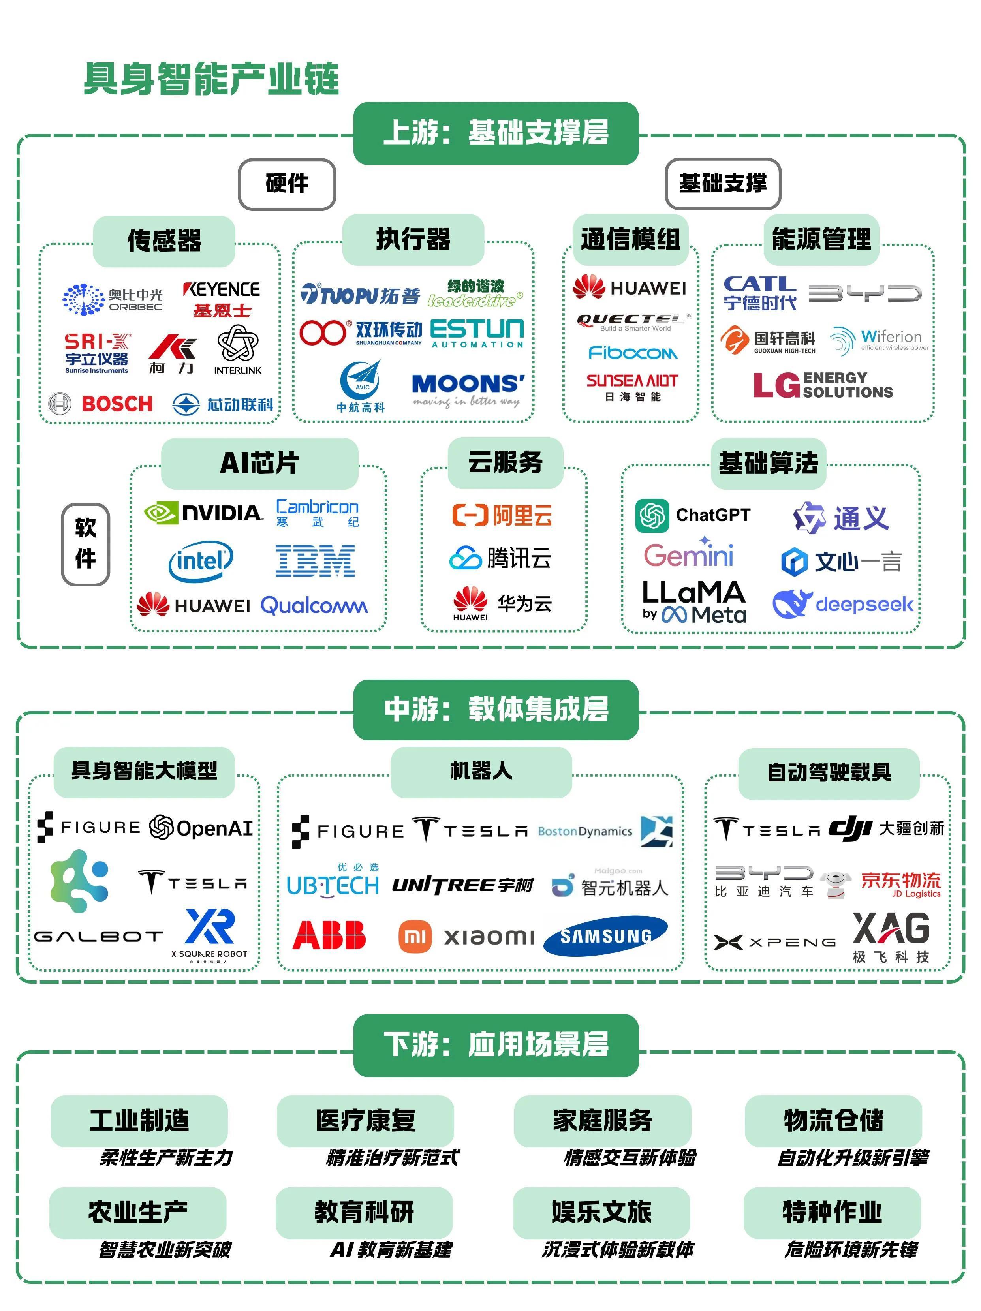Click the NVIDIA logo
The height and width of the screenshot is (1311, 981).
pos(204,512)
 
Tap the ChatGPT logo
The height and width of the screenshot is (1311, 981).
pos(692,515)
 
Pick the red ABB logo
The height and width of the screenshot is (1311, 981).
pos(329,935)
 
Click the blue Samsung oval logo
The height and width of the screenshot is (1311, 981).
pos(605,936)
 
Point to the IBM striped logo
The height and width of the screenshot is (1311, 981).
pos(315,561)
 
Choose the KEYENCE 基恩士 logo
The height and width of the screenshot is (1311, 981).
pos(222,299)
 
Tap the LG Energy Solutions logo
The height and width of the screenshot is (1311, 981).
pos(822,385)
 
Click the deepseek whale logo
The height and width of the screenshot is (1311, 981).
pos(842,604)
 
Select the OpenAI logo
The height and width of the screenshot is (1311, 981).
pos(201,827)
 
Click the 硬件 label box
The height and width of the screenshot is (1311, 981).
pos(287,184)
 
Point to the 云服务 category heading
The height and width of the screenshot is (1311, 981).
pos(505,462)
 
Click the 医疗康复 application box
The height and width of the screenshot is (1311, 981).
pos(365,1121)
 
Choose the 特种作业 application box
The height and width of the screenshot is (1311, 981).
pos(832,1212)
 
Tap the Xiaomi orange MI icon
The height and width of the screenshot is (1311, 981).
pos(415,936)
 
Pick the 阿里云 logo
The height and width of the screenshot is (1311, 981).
pos(502,515)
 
